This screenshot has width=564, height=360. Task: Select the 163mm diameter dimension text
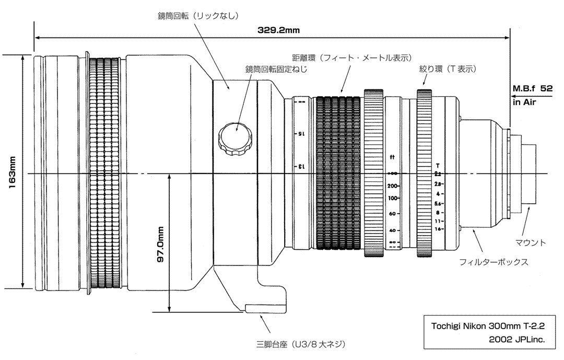[x=12, y=171]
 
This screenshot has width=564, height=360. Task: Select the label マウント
[x=531, y=242]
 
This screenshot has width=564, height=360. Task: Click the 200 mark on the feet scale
[x=393, y=186]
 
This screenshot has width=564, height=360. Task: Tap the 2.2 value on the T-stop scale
[x=438, y=174]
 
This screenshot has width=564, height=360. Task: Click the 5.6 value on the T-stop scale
[x=438, y=203]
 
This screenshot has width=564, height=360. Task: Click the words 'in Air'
[x=524, y=103]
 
